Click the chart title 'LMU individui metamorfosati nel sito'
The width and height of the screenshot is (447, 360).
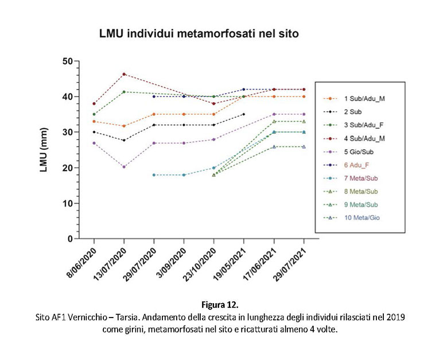click(199, 34)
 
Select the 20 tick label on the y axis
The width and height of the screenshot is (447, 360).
click(68, 168)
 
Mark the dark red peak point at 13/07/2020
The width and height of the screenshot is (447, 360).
click(124, 74)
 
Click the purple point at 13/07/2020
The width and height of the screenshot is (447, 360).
click(124, 167)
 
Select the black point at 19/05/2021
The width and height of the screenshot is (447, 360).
click(244, 114)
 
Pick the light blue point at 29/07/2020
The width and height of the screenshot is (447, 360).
click(154, 175)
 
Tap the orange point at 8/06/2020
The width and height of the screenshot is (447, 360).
click(94, 121)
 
